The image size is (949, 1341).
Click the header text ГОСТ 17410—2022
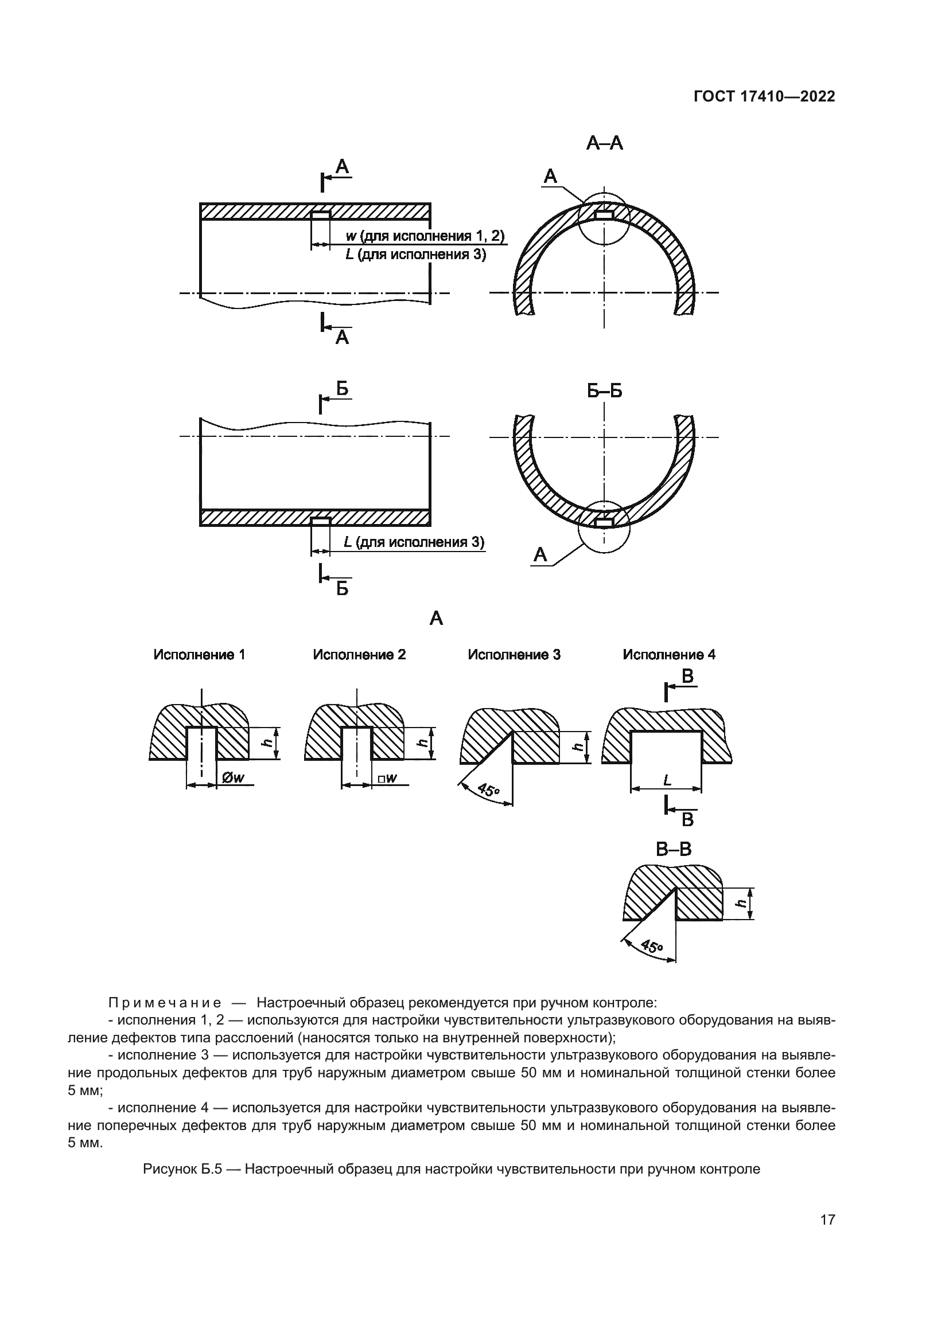coord(764,97)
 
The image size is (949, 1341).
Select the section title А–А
coord(604,143)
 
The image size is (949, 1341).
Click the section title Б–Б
coord(604,391)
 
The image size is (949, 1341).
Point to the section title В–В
coord(673,849)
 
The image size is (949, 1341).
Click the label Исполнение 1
coord(199,655)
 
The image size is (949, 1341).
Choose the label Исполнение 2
coord(359,655)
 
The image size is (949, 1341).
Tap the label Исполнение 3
coord(514,655)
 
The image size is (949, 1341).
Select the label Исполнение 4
coord(668,655)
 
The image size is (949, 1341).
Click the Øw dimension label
coord(233,778)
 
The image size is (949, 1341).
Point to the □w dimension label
coord(387,778)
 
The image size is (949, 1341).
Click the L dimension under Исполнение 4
coord(667,780)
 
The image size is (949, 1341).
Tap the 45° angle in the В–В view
coord(652,946)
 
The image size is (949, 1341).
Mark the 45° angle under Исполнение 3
coord(488,791)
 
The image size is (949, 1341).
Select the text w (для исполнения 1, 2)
coord(425,236)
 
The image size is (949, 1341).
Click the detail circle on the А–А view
coord(604,218)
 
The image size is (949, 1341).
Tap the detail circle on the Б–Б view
coord(604,526)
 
